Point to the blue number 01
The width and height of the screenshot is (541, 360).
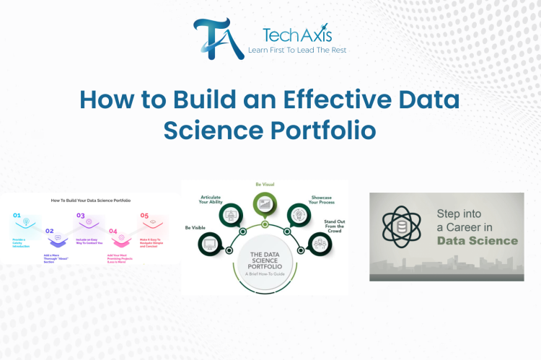(x=17, y=215)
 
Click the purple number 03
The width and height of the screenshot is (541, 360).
(x=81, y=215)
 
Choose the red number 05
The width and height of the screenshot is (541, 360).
(x=144, y=215)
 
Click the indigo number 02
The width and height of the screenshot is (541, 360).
(x=49, y=231)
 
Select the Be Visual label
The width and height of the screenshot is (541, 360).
(x=265, y=185)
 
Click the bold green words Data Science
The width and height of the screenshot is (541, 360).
(x=476, y=240)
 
